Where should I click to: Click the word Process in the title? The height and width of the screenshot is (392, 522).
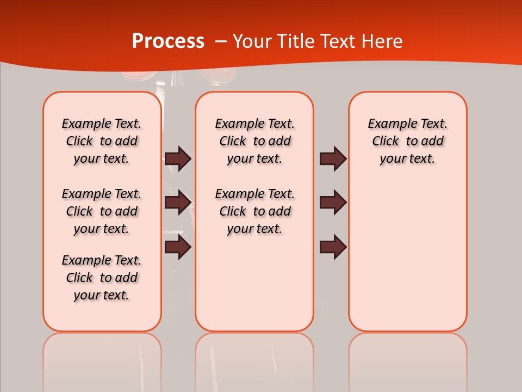(168, 41)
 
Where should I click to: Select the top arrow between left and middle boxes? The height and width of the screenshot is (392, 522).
(178, 158)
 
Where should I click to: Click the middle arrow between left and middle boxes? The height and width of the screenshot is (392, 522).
(178, 203)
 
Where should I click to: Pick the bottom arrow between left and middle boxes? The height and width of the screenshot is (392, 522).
(178, 247)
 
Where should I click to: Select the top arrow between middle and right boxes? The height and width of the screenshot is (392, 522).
(333, 158)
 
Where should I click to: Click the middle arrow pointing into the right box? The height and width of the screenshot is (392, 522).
(333, 203)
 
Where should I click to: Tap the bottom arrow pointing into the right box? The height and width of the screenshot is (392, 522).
(333, 247)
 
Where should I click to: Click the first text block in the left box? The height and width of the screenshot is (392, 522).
(102, 141)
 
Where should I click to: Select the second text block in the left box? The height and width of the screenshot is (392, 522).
(102, 211)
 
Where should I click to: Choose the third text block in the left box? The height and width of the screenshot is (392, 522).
(102, 278)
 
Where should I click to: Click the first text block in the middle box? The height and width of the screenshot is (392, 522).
(254, 141)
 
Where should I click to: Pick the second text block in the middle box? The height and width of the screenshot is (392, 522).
(254, 211)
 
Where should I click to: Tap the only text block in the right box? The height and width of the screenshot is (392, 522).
(407, 141)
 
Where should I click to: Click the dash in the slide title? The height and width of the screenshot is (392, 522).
(221, 42)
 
